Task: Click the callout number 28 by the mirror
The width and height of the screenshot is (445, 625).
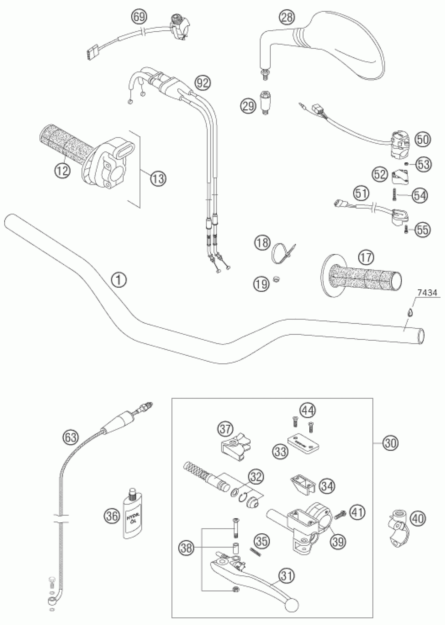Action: tap(287, 17)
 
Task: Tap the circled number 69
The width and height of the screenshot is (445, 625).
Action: tap(139, 16)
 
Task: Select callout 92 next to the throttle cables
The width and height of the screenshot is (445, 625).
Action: tap(203, 82)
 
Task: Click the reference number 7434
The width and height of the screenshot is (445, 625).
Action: tap(427, 293)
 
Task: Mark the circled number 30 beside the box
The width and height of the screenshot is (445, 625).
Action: tap(391, 443)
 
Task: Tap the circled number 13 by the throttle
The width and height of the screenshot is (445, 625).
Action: tap(158, 179)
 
